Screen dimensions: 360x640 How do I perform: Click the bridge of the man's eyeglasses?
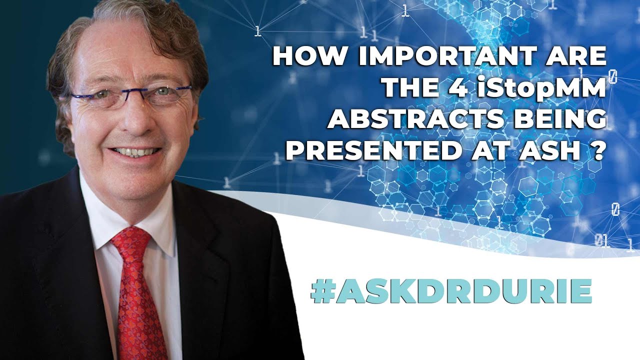click(131, 93)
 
